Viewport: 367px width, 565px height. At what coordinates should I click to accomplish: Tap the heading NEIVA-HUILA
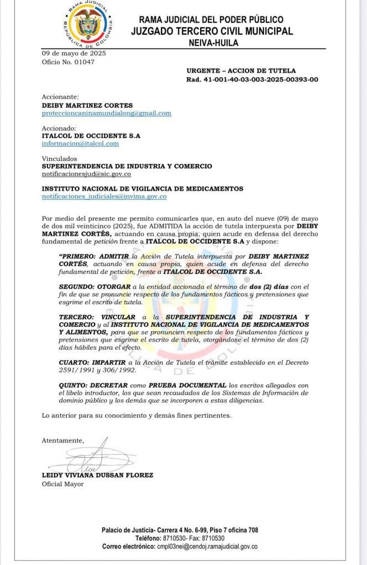pyautogui.click(x=212, y=42)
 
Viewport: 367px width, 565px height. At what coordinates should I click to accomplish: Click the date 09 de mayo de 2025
pyautogui.click(x=74, y=54)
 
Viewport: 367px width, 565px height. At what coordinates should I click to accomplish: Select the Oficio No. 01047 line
pyautogui.click(x=68, y=62)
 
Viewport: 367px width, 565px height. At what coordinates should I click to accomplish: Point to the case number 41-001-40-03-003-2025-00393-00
pyautogui.click(x=260, y=79)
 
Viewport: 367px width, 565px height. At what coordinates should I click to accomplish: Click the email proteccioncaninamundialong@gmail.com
pyautogui.click(x=107, y=113)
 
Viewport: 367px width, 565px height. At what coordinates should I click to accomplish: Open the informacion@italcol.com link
pyautogui.click(x=80, y=143)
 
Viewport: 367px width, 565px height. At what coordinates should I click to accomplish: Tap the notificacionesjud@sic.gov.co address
pyautogui.click(x=86, y=174)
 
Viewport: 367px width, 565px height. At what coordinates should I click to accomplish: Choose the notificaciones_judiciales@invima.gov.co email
pyautogui.click(x=104, y=196)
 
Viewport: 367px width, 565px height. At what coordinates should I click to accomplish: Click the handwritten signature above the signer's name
pyautogui.click(x=95, y=455)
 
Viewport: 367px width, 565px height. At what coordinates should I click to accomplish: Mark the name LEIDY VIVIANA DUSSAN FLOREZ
pyautogui.click(x=97, y=475)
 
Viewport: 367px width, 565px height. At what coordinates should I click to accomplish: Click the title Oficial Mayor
pyautogui.click(x=62, y=484)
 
